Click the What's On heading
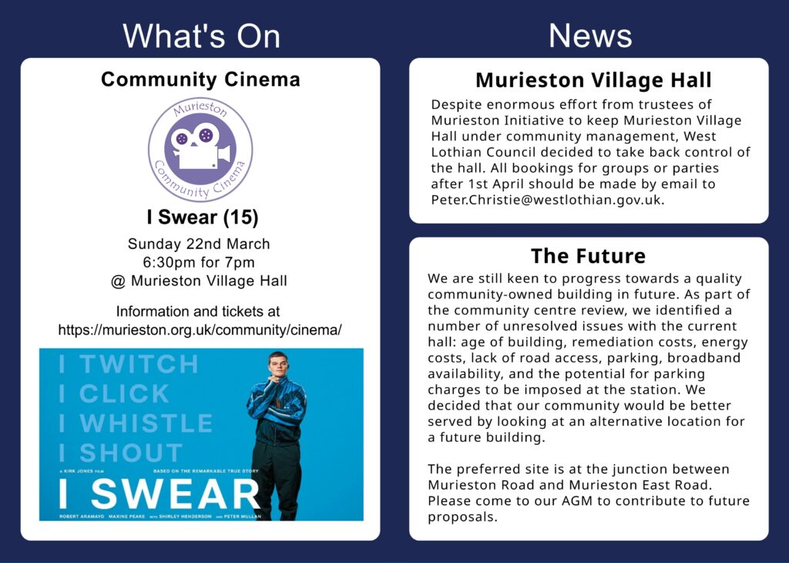(x=201, y=35)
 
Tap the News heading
(x=589, y=35)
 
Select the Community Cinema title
(x=200, y=79)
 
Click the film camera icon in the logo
(x=200, y=146)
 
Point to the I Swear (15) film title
(x=203, y=217)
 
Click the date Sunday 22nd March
(x=199, y=244)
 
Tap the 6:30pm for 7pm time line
(x=199, y=262)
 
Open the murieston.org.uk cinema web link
(x=200, y=330)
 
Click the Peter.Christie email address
(x=548, y=200)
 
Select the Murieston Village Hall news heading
(x=593, y=79)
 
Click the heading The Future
(x=588, y=256)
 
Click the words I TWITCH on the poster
(x=129, y=364)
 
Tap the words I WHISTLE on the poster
(x=136, y=423)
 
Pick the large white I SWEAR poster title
(x=159, y=494)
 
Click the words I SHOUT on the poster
(x=121, y=453)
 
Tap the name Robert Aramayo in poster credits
(x=82, y=517)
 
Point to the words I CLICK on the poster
(x=114, y=393)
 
